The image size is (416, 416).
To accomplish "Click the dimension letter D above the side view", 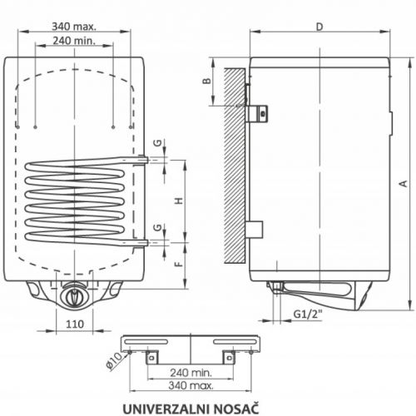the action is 319,27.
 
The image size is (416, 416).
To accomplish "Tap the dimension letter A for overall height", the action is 404,184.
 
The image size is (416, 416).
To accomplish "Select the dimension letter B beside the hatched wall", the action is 207,81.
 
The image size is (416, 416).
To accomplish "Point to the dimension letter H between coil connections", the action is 179,201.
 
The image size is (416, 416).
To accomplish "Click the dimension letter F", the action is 179,264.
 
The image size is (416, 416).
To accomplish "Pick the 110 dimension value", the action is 75,324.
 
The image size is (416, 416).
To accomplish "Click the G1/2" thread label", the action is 308,314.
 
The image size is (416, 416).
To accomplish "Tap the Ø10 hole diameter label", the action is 114,361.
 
